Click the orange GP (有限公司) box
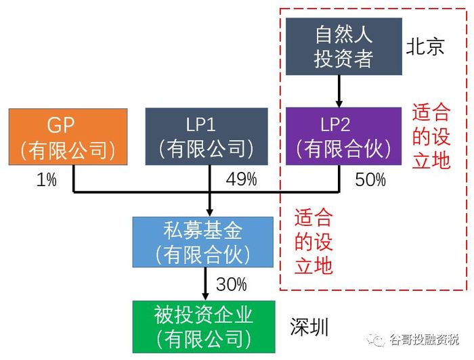click(68, 137)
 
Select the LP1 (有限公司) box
click(207, 137)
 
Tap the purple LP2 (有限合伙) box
click(344, 136)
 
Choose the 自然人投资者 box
click(344, 46)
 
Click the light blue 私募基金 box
click(203, 242)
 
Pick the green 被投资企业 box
click(204, 326)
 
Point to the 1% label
click(46, 179)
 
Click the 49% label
click(241, 179)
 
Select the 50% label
click(370, 180)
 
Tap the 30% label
click(232, 284)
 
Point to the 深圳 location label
click(309, 327)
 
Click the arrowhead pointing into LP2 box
click(339, 104)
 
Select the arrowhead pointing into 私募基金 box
click(210, 212)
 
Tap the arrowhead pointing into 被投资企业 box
click(206, 296)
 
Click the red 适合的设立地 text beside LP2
click(431, 136)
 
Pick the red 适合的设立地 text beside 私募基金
click(314, 242)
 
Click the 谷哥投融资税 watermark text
click(424, 340)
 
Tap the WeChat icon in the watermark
click(376, 340)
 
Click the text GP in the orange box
click(60, 125)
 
